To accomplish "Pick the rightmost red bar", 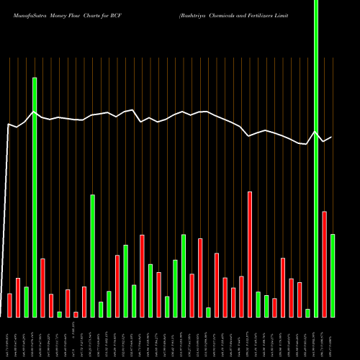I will click(x=324, y=264).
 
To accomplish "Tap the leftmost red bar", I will click(x=10, y=305).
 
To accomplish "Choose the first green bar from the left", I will click(x=27, y=302).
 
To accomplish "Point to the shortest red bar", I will click(x=76, y=314).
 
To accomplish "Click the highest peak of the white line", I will click(x=35, y=112).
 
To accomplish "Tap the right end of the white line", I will click(x=332, y=137).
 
